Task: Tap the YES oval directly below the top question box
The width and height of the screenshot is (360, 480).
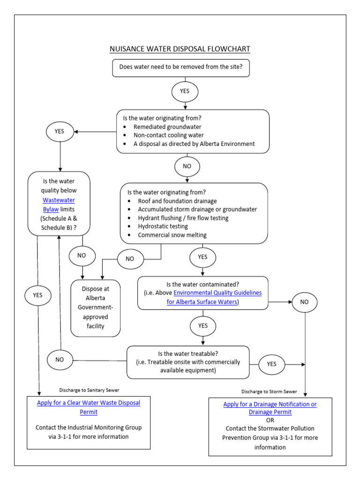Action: point(185,91)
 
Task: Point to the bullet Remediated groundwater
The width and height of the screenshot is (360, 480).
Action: point(164,127)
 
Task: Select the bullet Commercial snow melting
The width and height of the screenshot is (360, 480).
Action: point(172,235)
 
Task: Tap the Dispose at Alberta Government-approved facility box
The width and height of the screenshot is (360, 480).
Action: point(96,308)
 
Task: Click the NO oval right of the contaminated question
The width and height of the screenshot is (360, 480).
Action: point(305,302)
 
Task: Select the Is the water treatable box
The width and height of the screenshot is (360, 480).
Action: point(187,362)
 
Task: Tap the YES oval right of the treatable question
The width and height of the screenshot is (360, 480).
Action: point(272,364)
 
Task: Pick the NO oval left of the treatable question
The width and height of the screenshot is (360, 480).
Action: point(60,360)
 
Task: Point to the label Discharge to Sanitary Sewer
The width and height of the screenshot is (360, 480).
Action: point(92,390)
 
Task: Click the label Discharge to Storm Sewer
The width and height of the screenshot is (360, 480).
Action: point(269,391)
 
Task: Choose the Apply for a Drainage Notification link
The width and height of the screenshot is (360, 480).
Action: point(270,408)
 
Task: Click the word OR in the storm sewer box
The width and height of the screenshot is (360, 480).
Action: point(270,420)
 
